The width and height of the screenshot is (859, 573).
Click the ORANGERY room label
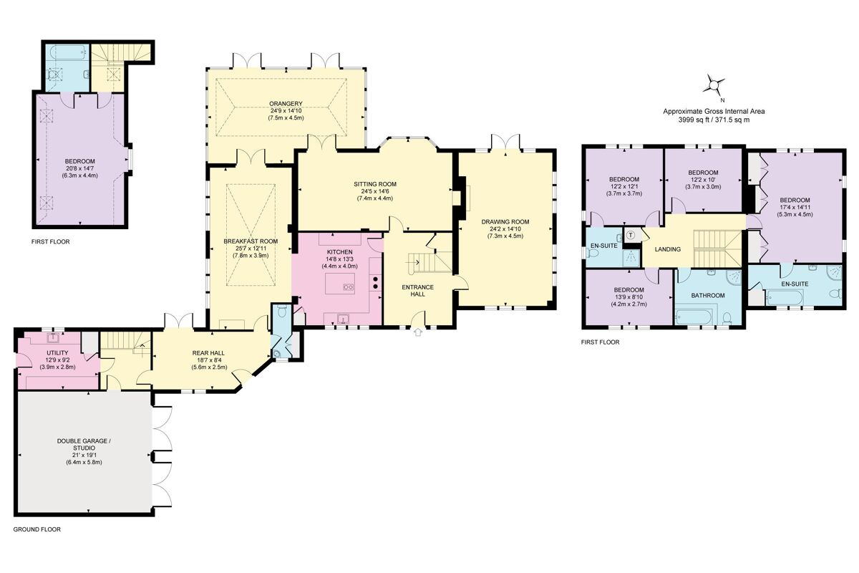286,104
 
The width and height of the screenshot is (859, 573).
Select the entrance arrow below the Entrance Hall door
418,332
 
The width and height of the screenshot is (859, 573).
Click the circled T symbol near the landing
631,234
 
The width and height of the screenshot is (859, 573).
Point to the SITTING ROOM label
375,184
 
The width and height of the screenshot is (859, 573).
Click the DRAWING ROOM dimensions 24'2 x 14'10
505,228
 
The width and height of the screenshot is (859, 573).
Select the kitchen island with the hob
340,283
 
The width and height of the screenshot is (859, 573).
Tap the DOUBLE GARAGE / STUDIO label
84,444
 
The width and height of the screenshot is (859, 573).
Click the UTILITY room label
57,352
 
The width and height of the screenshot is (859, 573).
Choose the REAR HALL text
208,353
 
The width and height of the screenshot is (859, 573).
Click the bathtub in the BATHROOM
693,317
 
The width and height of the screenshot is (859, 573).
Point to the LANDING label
668,249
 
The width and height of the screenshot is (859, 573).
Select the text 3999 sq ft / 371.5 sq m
714,120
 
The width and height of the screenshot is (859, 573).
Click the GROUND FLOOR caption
37,529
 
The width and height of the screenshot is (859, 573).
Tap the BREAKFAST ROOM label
251,241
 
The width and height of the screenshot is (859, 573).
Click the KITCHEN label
340,252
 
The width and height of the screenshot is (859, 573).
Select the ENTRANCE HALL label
418,291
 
